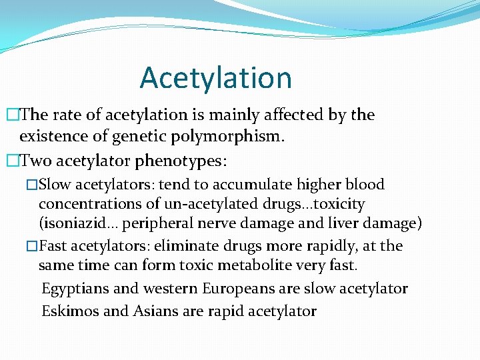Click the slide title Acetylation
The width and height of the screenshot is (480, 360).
pos(216,77)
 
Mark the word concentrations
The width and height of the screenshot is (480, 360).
pos(90,204)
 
